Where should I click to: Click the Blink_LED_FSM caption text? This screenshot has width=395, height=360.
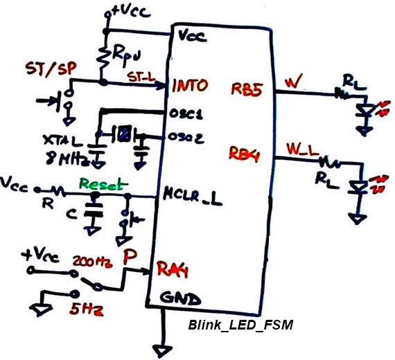241,325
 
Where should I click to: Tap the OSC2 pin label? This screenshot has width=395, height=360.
185,137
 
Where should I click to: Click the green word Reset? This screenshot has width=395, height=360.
103,184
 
